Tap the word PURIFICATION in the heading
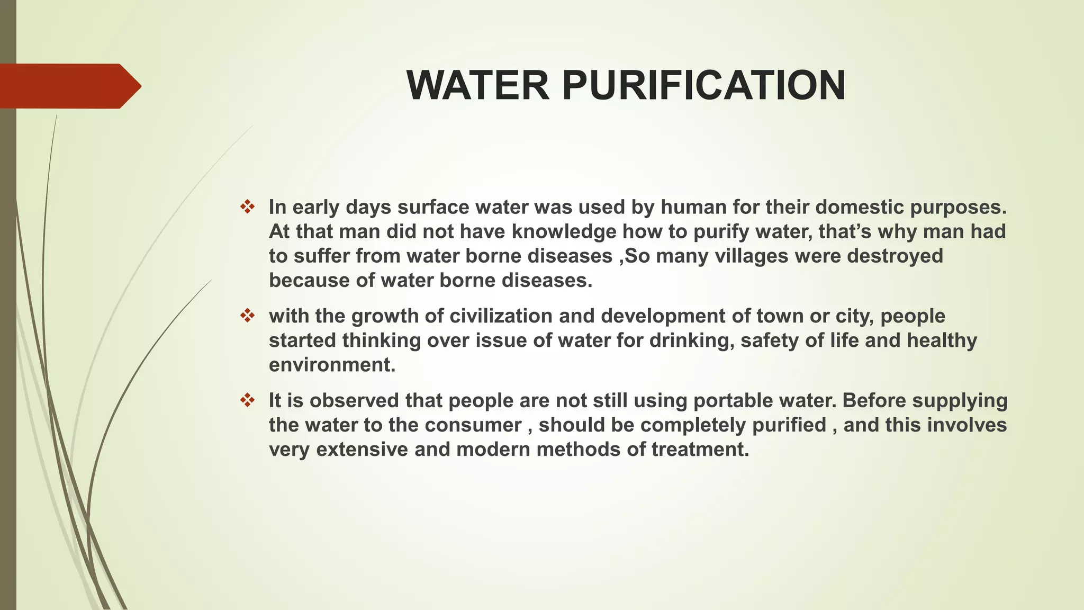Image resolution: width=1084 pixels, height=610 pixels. [703, 85]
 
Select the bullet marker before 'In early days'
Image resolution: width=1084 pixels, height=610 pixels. [247, 207]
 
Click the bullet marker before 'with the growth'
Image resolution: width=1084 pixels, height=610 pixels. [247, 316]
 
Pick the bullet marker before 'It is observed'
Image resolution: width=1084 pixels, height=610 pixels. [247, 400]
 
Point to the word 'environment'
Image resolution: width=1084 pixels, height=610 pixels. [331, 365]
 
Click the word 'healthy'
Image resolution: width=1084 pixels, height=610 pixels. [942, 340]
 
